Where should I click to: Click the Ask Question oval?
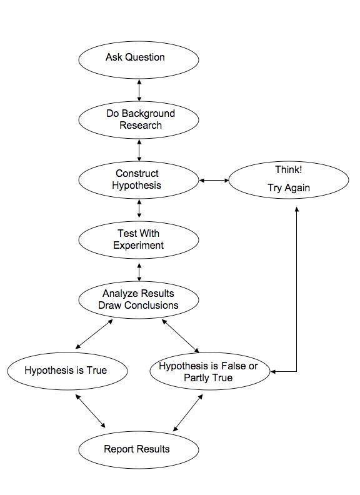coord(139,59)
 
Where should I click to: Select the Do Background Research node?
coord(139,120)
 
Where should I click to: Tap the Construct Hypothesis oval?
coord(139,180)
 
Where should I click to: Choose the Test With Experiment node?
coord(139,240)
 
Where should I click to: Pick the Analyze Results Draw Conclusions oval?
coord(139,300)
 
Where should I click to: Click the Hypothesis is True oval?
coord(67,371)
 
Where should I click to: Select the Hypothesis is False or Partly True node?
coord(210,371)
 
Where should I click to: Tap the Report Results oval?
coord(139,450)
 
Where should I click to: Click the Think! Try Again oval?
coord(289,180)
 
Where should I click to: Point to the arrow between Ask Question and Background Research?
coord(139,90)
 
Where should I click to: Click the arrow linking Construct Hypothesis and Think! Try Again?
coord(214,180)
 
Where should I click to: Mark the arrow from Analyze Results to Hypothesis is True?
coord(94,334)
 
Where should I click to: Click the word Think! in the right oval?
coord(288,169)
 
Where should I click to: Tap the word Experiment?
coord(138,245)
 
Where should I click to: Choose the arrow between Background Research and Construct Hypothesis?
coord(139,150)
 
